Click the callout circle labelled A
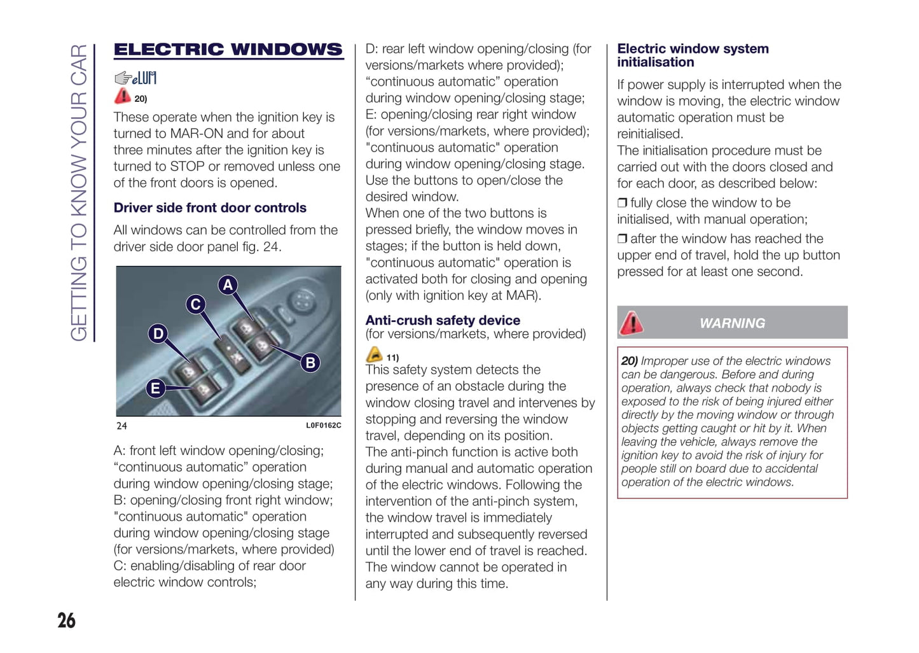(228, 284)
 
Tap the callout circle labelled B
(310, 362)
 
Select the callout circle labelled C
(196, 304)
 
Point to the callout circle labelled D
(158, 334)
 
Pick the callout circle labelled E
(155, 388)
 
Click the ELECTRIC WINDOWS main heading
(228, 50)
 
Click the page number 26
(66, 621)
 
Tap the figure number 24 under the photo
(121, 426)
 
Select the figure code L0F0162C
(323, 426)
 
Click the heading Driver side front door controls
(210, 208)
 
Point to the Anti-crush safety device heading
(443, 320)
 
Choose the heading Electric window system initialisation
(692, 55)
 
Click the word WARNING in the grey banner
(732, 323)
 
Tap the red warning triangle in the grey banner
(632, 323)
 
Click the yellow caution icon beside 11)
(375, 355)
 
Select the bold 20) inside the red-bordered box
(630, 361)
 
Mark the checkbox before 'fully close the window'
(622, 203)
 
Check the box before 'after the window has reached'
(622, 239)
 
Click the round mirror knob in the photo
(303, 300)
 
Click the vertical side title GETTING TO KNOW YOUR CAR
(79, 192)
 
